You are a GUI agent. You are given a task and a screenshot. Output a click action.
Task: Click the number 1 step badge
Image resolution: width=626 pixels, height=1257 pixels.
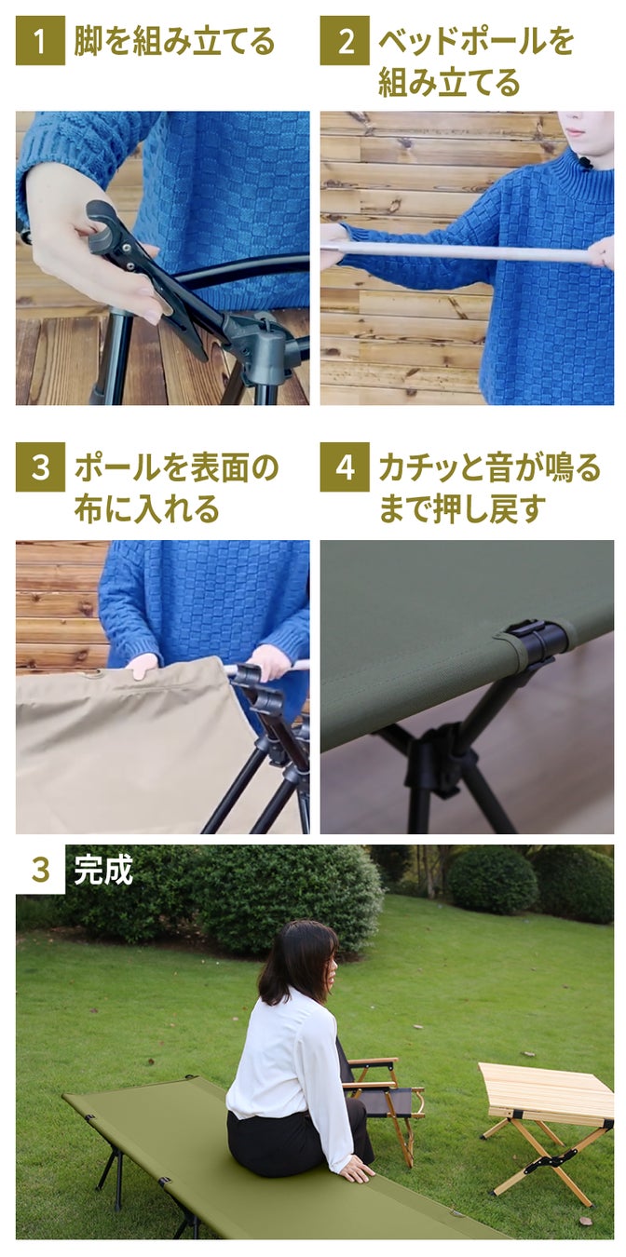click(40, 41)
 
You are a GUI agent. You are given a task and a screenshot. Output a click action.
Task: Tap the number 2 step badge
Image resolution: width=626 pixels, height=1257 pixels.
click(345, 41)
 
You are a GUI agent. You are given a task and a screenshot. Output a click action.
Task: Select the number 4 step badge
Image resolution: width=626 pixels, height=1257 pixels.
click(345, 466)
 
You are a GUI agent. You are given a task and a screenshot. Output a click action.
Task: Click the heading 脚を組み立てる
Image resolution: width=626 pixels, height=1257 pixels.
click(174, 41)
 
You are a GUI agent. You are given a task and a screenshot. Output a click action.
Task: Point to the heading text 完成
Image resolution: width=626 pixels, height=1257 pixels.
click(103, 871)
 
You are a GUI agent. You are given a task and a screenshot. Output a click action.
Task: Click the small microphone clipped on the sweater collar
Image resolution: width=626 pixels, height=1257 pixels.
click(585, 164)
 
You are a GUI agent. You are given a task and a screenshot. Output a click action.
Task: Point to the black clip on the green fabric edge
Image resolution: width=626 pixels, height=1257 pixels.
click(534, 643)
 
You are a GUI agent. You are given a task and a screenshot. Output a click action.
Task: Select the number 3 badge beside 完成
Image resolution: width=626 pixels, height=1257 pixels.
click(40, 870)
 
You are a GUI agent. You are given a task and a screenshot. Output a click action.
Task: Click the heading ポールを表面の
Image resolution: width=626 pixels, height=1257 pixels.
click(176, 467)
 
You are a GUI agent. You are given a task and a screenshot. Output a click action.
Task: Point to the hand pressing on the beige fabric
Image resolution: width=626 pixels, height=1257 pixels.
click(142, 666)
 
